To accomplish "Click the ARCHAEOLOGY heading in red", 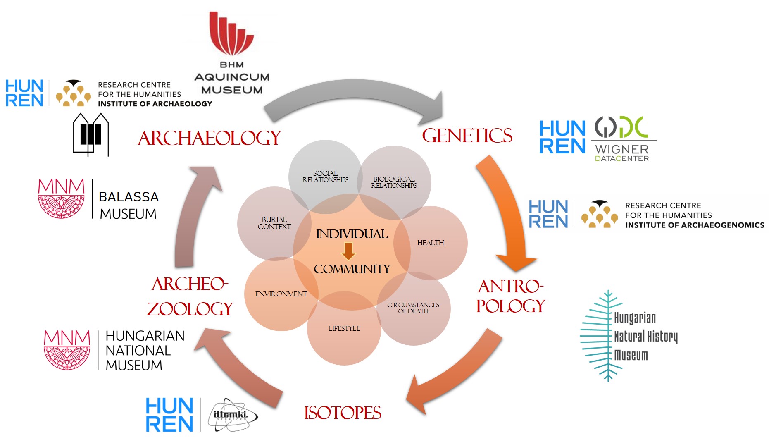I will pos(210,138).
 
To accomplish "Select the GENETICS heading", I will pos(467,136).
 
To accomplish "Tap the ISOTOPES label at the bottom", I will pos(343,413).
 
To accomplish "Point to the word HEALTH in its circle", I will pos(431,243).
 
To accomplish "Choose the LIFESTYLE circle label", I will pos(344,328).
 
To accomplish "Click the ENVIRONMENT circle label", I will pos(281,294).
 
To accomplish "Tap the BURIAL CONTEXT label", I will pos(274,223).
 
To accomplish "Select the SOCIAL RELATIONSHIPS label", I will pos(326,177).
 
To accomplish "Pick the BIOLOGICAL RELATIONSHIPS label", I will pos(394,182).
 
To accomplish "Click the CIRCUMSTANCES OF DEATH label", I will pos(413,308).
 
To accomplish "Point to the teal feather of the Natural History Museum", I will pos(599,335).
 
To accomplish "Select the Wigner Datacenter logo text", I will pos(622,153).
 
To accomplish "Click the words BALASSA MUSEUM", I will pos(129,205).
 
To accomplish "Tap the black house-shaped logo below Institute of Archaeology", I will pos(91,134).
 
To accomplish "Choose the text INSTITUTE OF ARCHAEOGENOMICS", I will pos(695,225).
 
